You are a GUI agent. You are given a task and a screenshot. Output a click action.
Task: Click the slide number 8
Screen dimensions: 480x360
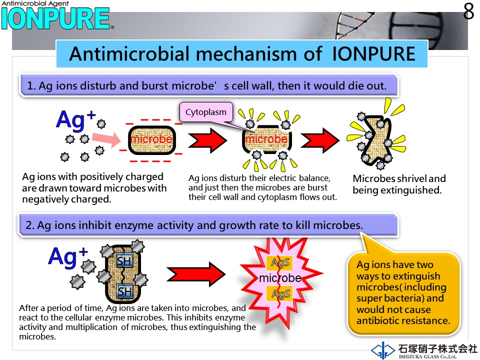pyautogui.click(x=468, y=11)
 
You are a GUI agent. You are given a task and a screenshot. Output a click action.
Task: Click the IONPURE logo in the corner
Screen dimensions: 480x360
pyautogui.click(x=55, y=18)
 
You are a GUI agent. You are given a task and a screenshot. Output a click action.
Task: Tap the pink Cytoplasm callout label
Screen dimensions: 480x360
pyautogui.click(x=206, y=112)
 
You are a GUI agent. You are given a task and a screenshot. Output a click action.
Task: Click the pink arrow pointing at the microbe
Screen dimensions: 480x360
pyautogui.click(x=106, y=140)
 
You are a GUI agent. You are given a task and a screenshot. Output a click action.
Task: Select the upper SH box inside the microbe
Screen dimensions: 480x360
pyautogui.click(x=124, y=261)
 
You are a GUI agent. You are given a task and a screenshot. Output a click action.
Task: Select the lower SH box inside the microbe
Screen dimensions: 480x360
pyautogui.click(x=125, y=291)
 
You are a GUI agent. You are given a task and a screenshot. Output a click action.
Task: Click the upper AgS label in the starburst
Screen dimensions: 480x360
pyautogui.click(x=280, y=262)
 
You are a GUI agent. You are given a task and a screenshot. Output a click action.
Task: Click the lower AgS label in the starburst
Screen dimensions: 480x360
pyautogui.click(x=280, y=294)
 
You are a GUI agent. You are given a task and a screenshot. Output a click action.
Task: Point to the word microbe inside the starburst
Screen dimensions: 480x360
pyautogui.click(x=280, y=278)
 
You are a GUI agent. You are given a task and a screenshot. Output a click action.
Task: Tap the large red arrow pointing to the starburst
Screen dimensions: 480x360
pyautogui.click(x=196, y=274)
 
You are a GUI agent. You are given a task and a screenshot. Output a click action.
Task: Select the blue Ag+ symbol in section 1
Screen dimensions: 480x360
pyautogui.click(x=76, y=119)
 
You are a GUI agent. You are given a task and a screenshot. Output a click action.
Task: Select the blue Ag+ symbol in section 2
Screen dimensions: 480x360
pyautogui.click(x=68, y=257)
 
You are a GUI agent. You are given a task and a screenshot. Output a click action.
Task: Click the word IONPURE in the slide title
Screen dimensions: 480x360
pyautogui.click(x=373, y=54)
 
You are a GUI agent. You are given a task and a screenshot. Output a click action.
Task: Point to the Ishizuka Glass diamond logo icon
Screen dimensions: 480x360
pyautogui.click(x=382, y=350)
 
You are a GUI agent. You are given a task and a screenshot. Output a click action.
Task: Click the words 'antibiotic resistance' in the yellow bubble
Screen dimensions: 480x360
pyautogui.click(x=403, y=320)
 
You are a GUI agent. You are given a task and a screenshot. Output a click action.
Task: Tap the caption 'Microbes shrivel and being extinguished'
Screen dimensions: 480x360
pyautogui.click(x=399, y=184)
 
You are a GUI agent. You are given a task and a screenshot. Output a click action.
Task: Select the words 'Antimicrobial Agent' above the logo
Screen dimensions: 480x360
pyautogui.click(x=35, y=3)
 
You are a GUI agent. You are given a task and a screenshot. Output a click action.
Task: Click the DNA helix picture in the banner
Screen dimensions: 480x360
pyautogui.click(x=354, y=25)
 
